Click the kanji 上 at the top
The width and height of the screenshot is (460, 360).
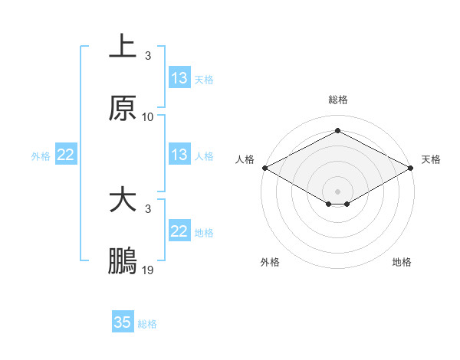[x=123, y=47]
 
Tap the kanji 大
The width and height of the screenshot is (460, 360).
[x=123, y=201]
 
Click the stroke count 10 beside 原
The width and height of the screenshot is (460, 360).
[x=148, y=116]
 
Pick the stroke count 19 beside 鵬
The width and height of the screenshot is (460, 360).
[x=148, y=270]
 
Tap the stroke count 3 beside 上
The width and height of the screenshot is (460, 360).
[x=148, y=56]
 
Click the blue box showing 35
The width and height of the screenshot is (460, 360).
[x=123, y=322]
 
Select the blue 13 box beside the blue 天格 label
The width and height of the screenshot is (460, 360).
[x=179, y=77]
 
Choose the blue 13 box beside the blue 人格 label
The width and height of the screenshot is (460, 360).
[x=179, y=155]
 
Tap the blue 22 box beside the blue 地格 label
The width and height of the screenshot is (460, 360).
[x=179, y=231]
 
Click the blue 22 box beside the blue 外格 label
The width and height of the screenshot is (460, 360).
[x=65, y=155]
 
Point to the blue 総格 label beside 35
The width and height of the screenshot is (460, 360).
[x=147, y=324]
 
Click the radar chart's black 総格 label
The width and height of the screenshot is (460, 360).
[x=338, y=100]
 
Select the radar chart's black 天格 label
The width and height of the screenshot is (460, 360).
[x=431, y=159]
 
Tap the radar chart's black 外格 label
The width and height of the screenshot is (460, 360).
[x=270, y=262]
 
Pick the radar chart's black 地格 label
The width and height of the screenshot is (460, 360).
[x=402, y=262]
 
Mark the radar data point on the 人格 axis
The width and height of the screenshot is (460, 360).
[x=264, y=168]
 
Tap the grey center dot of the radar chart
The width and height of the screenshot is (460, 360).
[x=338, y=190]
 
